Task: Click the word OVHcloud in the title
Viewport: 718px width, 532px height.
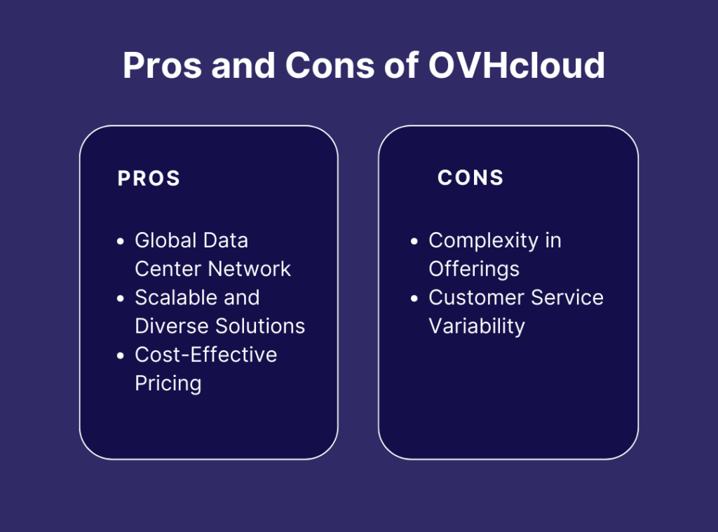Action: [x=517, y=65]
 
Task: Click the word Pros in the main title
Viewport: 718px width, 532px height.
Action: [x=162, y=65]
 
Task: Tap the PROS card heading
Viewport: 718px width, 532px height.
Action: [x=149, y=178]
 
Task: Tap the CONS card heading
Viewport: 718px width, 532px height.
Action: [x=470, y=177]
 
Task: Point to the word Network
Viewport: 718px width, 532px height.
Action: [x=249, y=268]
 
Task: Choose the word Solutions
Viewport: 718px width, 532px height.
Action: [x=260, y=326]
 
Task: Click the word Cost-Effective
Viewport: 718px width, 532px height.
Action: [x=206, y=355]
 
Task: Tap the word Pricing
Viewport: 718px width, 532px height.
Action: [x=168, y=384]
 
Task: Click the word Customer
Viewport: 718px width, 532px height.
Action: [x=476, y=298]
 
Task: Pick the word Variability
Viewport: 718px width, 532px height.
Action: [x=477, y=327]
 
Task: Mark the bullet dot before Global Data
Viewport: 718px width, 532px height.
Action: [x=121, y=241]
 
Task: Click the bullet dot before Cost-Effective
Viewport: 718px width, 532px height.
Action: [x=121, y=356]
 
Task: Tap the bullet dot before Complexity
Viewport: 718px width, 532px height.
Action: [x=414, y=241]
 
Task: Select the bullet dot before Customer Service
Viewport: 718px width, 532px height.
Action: [x=414, y=299]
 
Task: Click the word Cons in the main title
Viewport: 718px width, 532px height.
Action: [x=330, y=65]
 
